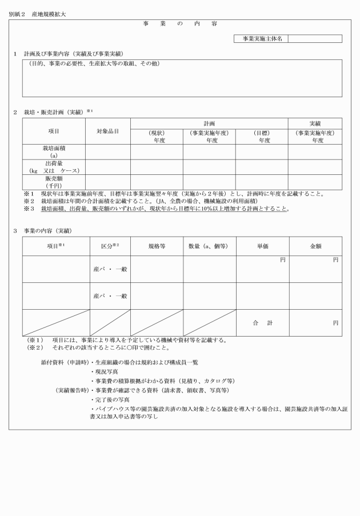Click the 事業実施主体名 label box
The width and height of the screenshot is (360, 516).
pyautogui.click(x=261, y=39)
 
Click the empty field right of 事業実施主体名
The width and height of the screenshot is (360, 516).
pyautogui.click(x=315, y=39)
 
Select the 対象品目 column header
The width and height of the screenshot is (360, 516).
pyautogui.click(x=107, y=131)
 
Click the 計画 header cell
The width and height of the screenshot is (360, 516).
pyautogui.click(x=209, y=123)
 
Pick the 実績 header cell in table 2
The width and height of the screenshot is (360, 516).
pyautogui.click(x=314, y=123)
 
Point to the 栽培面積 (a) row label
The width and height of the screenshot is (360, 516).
pyautogui.click(x=54, y=151)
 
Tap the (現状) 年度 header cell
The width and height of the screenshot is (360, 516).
pyautogui.click(x=156, y=136)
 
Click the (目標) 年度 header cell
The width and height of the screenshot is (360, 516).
pyautogui.click(x=261, y=136)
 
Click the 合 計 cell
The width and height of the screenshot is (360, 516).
pyautogui.click(x=261, y=323)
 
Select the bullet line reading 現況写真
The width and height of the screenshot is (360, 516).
pyautogui.click(x=106, y=372)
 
